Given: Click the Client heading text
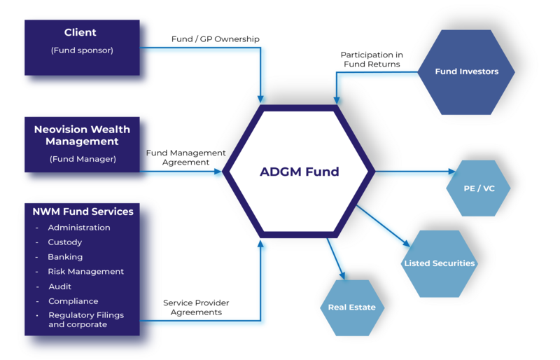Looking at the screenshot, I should [x=80, y=32].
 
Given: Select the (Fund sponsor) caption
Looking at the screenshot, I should [x=82, y=50].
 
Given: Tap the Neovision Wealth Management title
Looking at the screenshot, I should [x=82, y=135].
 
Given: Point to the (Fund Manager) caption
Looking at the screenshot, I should [x=83, y=159].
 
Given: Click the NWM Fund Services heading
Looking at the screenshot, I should [x=83, y=211].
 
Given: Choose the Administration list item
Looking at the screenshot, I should [x=78, y=228].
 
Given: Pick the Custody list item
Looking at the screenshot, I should [x=64, y=242].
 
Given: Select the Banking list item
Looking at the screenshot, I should [x=64, y=257].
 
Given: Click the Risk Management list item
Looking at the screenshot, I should [x=85, y=272].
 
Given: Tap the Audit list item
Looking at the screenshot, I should [x=59, y=286].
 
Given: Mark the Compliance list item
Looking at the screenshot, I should [x=73, y=301].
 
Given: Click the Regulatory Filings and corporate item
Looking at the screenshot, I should [x=85, y=319].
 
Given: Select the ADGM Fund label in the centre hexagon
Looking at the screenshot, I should [x=299, y=172].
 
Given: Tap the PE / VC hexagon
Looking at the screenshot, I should [x=478, y=188].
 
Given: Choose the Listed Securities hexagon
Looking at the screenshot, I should [x=439, y=263].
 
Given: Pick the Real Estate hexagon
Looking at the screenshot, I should [x=351, y=307].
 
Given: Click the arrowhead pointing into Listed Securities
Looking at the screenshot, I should [x=406, y=242].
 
